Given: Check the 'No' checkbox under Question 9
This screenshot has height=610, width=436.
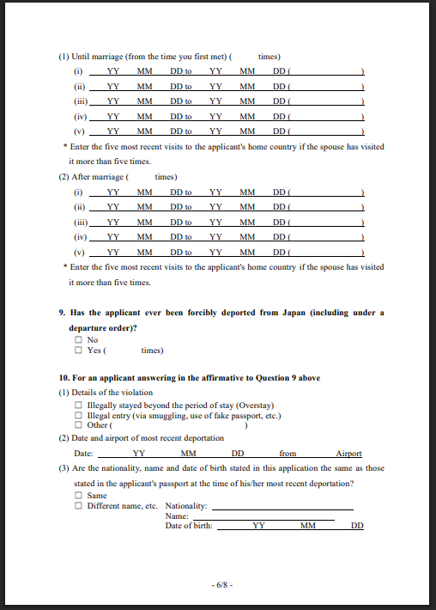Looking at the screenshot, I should click(x=79, y=340).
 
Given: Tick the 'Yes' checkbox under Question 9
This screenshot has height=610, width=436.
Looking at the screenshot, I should click(x=79, y=351).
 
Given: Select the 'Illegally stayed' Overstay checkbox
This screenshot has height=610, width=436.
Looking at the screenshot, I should click(x=79, y=406).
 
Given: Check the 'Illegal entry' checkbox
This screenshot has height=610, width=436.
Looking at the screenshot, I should click(x=79, y=416).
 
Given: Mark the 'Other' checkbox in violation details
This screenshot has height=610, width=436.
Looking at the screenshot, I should click(x=79, y=425).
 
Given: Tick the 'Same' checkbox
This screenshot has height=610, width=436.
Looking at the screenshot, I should click(x=79, y=496).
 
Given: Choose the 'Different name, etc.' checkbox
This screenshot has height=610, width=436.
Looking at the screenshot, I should click(x=79, y=506).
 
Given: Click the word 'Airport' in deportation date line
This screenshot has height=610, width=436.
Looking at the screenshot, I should click(x=348, y=454).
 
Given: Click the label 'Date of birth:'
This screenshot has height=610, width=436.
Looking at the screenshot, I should click(x=189, y=526).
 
